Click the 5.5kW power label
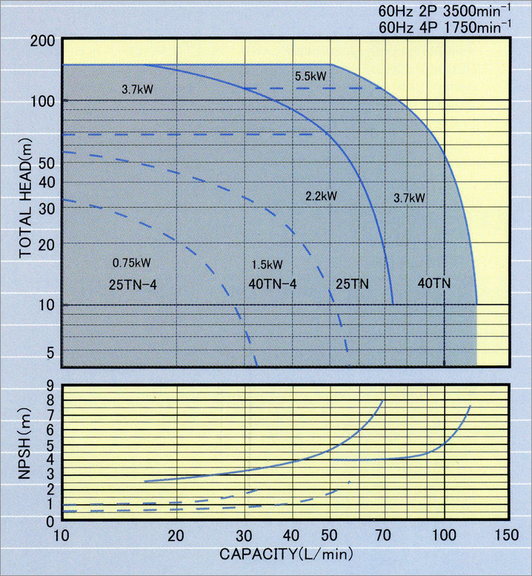[x=310, y=76]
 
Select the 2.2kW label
[x=321, y=196]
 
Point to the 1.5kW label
[x=267, y=264]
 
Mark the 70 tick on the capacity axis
[x=383, y=536]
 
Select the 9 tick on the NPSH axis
[x=50, y=385]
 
